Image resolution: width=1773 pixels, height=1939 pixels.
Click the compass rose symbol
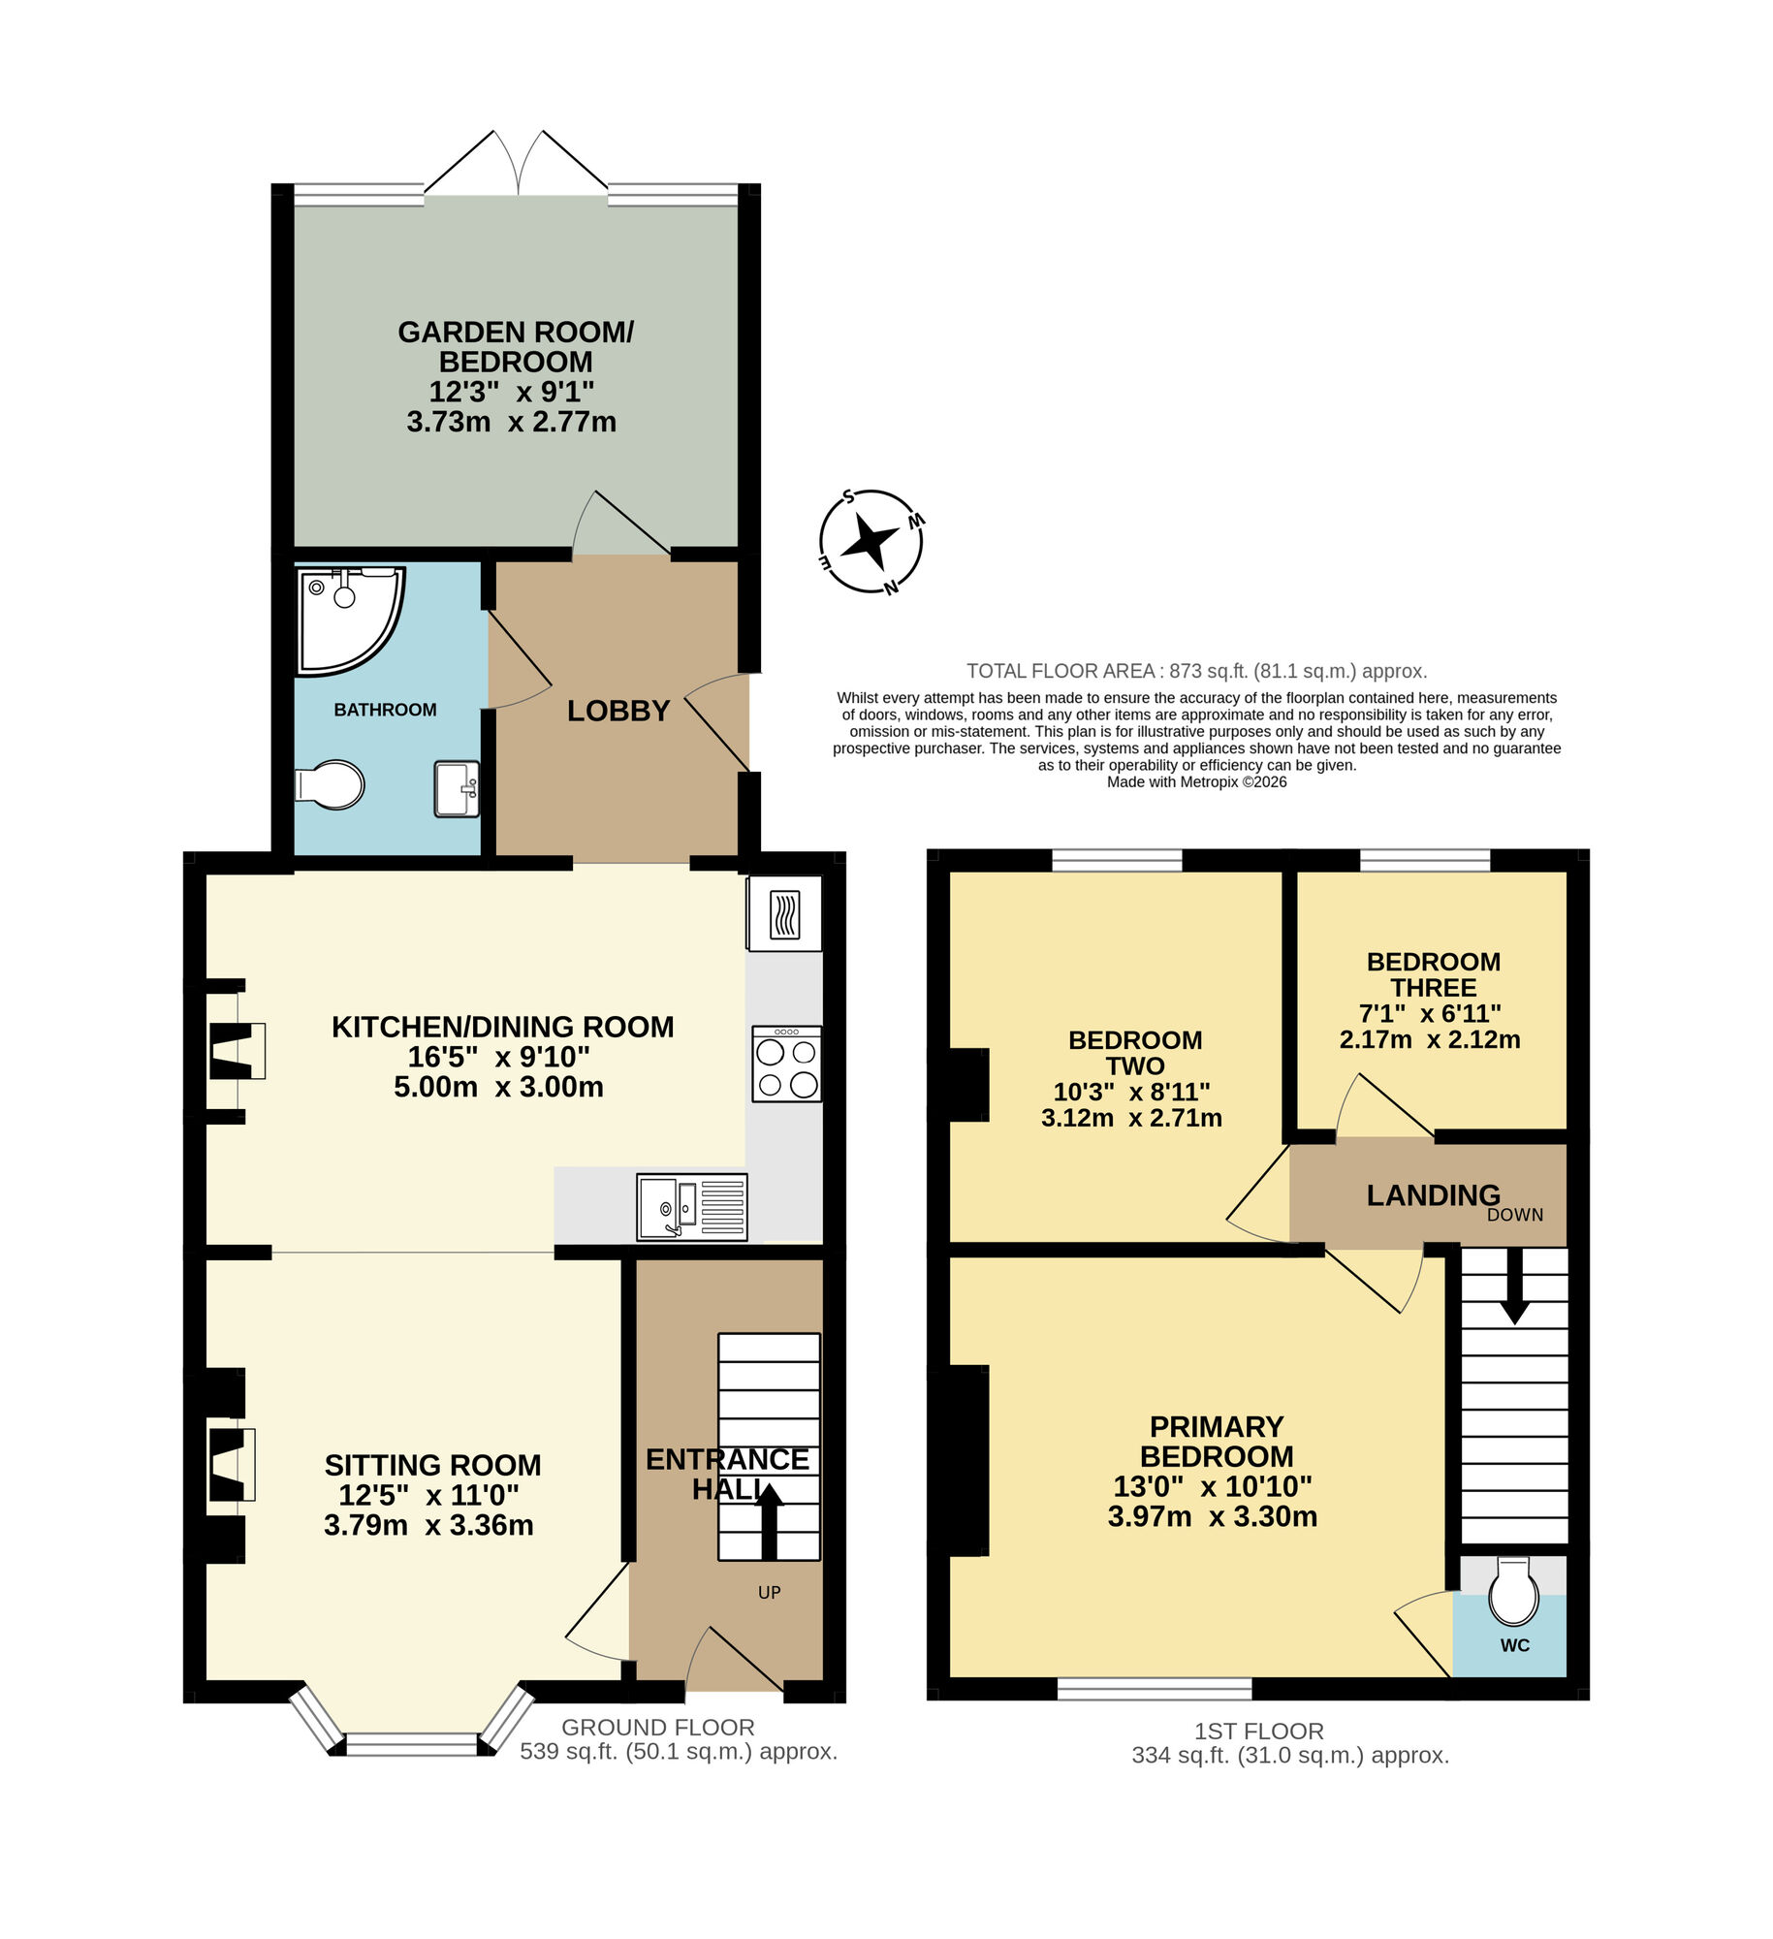coord(870,541)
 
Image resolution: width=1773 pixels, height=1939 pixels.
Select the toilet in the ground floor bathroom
coord(330,783)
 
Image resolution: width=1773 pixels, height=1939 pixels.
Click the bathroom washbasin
coord(457,788)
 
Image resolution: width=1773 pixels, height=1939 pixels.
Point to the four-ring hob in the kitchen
coord(786,1065)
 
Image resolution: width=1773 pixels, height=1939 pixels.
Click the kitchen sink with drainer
coord(691,1206)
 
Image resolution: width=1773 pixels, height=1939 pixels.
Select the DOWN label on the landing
coord(1514,1215)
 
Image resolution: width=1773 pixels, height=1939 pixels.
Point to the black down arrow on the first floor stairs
coord(1514,1286)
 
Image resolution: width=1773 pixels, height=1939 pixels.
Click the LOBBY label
coord(618,711)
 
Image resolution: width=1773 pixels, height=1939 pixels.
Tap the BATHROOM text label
coord(385,710)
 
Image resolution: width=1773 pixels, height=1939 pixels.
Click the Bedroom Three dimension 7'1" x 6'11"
coord(1430,1013)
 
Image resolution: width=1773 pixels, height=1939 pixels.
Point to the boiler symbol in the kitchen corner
coord(784,914)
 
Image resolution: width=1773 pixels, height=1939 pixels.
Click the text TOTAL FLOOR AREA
coord(1061,671)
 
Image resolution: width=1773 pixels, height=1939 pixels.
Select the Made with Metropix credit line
coord(1196,781)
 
